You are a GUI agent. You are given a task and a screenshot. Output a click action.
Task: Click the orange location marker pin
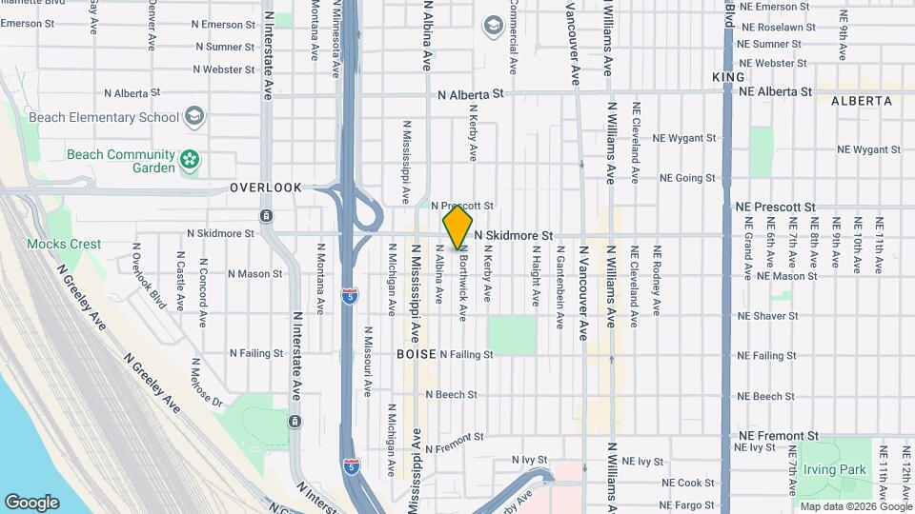click(457, 227)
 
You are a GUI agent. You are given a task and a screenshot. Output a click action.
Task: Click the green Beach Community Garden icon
click(191, 160)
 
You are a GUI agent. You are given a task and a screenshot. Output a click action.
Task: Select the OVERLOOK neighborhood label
click(265, 188)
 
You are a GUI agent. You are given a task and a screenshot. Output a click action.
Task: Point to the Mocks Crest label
click(64, 244)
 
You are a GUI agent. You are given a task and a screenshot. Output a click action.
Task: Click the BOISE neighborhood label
click(416, 354)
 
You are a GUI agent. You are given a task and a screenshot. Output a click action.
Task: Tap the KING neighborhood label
click(728, 76)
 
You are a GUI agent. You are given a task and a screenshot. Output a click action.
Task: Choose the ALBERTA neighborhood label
click(861, 100)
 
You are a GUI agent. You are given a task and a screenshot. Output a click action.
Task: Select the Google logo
click(31, 503)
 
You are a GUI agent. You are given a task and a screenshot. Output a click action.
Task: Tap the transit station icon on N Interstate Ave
click(294, 421)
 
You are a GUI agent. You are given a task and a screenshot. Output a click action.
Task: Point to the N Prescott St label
click(462, 205)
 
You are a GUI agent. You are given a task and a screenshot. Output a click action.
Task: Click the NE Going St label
click(683, 178)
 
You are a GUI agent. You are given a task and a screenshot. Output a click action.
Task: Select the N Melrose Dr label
click(206, 383)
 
